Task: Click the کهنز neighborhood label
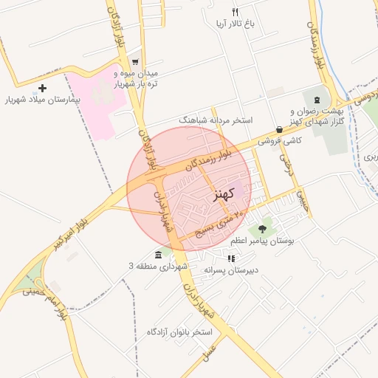coord(222,194)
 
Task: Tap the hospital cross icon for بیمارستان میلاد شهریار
coord(42,88)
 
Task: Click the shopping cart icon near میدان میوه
coord(134,62)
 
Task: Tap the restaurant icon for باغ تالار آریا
coord(235,12)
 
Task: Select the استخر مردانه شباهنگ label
coord(216,119)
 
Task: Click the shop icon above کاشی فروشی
coord(278,128)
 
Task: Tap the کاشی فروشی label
coord(277,140)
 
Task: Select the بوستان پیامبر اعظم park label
coord(262,241)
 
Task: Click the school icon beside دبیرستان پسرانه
coord(232,258)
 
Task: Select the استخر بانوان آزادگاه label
coord(179,331)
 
